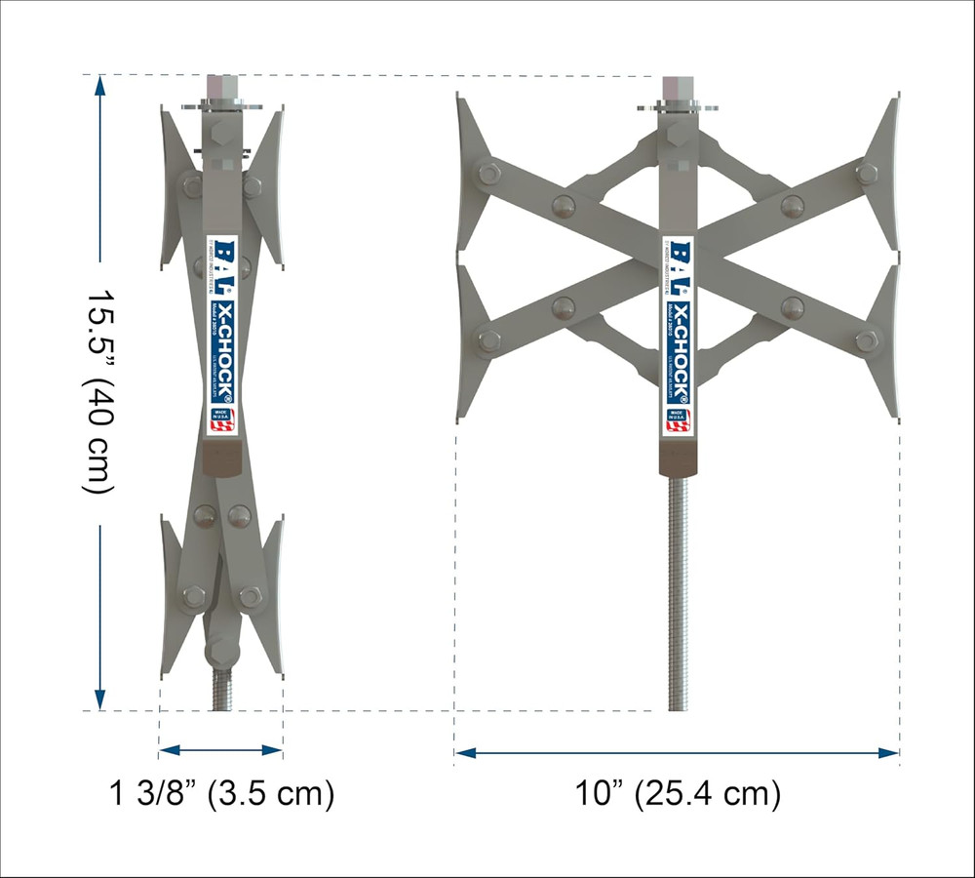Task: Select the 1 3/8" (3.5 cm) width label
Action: (x=221, y=794)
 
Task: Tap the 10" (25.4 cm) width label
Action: (x=677, y=794)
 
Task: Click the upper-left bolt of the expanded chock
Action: (x=487, y=175)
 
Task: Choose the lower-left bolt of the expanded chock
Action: (x=488, y=340)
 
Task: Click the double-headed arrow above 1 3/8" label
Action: (x=220, y=750)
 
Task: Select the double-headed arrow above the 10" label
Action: (x=677, y=753)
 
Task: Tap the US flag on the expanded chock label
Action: (x=677, y=420)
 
